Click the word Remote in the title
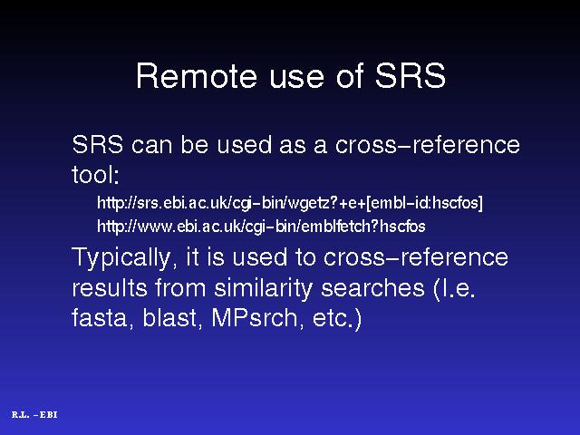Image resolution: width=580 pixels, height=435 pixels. coord(197,76)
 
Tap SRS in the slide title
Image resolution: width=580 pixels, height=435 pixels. coord(411,76)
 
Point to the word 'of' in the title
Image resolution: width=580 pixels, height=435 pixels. coord(350,76)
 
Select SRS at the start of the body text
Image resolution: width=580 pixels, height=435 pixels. coord(98,144)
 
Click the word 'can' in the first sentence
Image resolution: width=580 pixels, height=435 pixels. coord(151,145)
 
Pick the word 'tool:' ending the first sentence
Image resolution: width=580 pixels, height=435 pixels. coord(95,175)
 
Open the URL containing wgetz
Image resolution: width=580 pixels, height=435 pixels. coord(290,203)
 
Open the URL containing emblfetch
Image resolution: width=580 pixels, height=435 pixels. coord(261,226)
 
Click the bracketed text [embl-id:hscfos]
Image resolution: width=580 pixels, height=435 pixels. coord(424,203)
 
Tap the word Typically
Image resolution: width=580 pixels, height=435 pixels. coord(121,257)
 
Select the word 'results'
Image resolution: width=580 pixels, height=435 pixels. coord(110,287)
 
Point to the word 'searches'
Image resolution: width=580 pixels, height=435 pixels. coord(372,288)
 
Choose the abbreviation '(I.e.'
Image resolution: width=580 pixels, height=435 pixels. coord(454,288)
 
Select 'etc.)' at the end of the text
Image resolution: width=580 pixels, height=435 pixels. coord(337,319)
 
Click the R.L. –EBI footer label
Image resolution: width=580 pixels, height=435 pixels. coord(34,415)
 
